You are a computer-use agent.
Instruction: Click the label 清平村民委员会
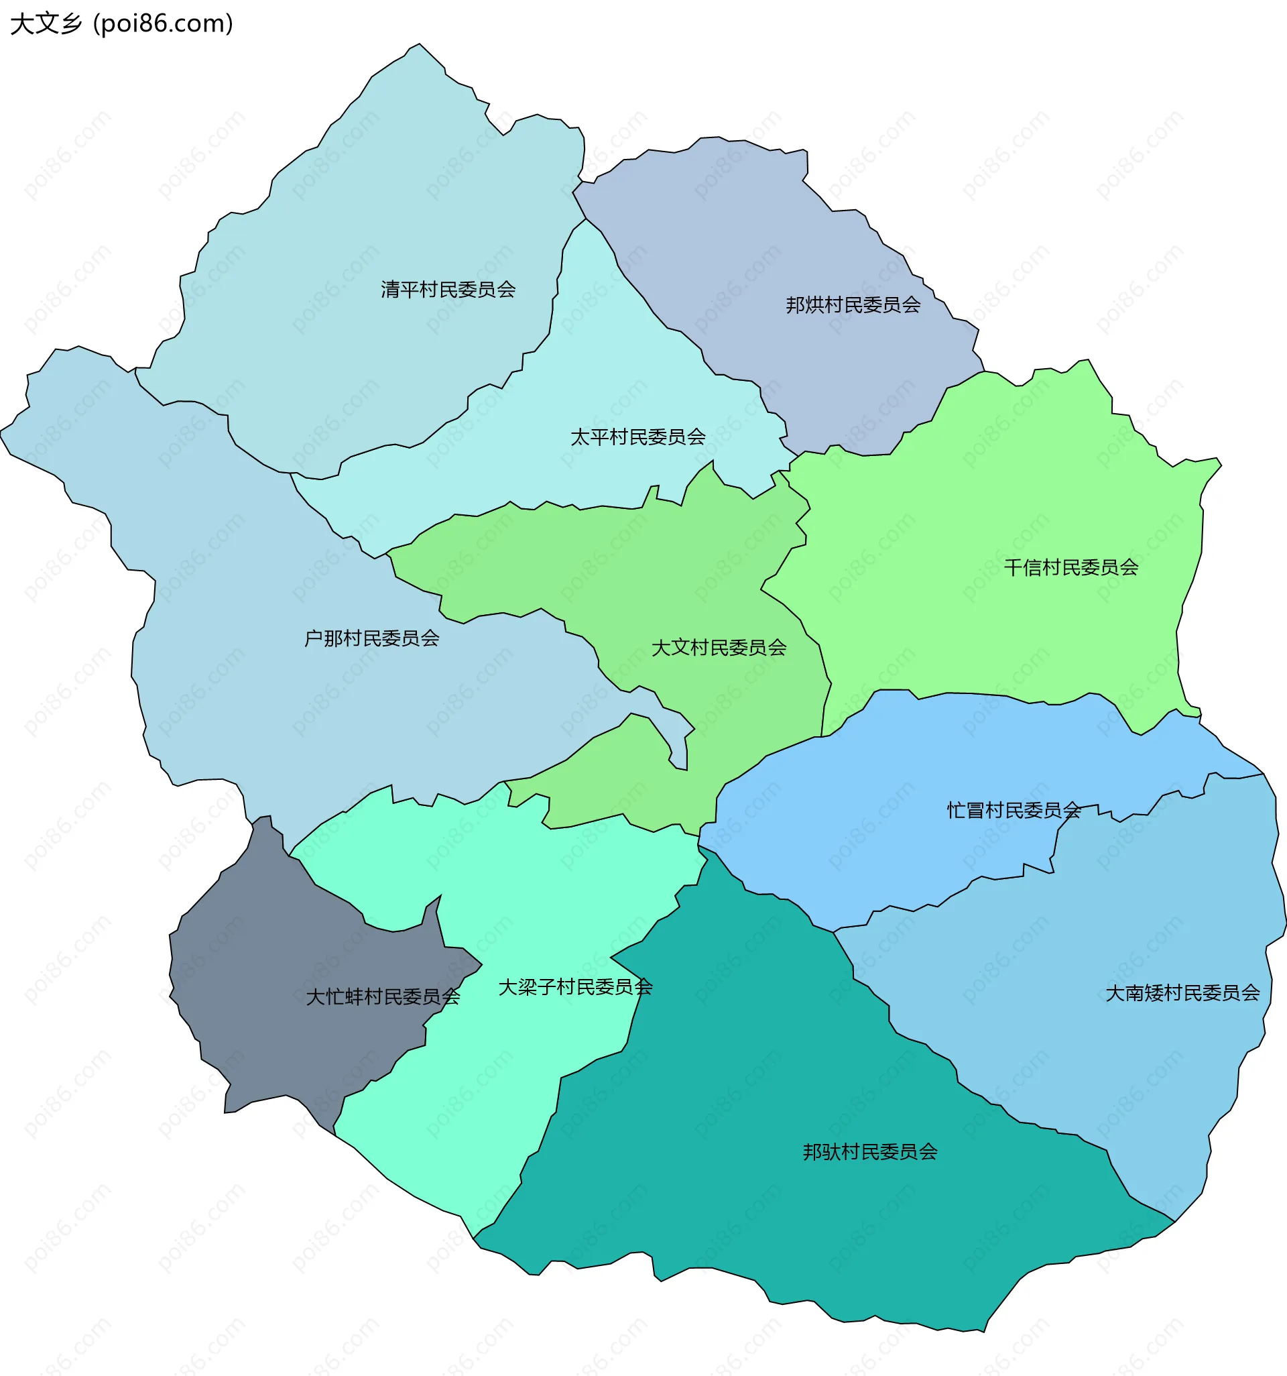[448, 289]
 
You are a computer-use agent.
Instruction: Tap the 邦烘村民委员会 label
[853, 304]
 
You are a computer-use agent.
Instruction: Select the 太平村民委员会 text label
[637, 437]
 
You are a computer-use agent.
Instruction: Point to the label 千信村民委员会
[1070, 567]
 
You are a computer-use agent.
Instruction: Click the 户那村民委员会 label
[371, 638]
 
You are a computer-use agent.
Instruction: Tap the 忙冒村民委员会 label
[1013, 811]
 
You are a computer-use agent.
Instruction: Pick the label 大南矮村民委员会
[1182, 993]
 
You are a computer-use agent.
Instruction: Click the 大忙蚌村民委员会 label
[383, 996]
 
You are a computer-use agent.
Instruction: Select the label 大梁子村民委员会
[575, 987]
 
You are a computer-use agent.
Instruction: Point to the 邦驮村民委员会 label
[870, 1152]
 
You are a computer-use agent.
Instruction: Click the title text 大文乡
[46, 23]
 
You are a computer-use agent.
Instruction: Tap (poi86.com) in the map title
[164, 23]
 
